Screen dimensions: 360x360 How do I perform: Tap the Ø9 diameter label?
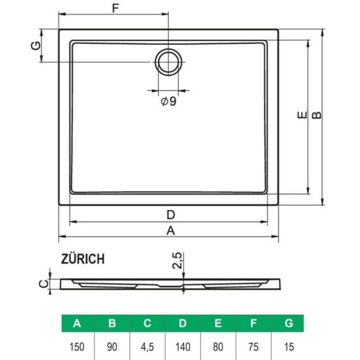pos(169,101)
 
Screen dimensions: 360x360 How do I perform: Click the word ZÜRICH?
pos(83,259)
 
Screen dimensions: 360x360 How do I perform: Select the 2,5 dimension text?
pos(177,260)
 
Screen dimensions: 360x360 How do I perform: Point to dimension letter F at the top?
pos(116,9)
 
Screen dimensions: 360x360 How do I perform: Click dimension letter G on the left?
pos(36,45)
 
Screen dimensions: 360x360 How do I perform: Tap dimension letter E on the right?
pos(302,115)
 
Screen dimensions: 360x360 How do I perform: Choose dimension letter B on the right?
pos(317,115)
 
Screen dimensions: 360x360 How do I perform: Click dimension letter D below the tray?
pos(171,215)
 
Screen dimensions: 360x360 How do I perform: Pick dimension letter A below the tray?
pos(171,231)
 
